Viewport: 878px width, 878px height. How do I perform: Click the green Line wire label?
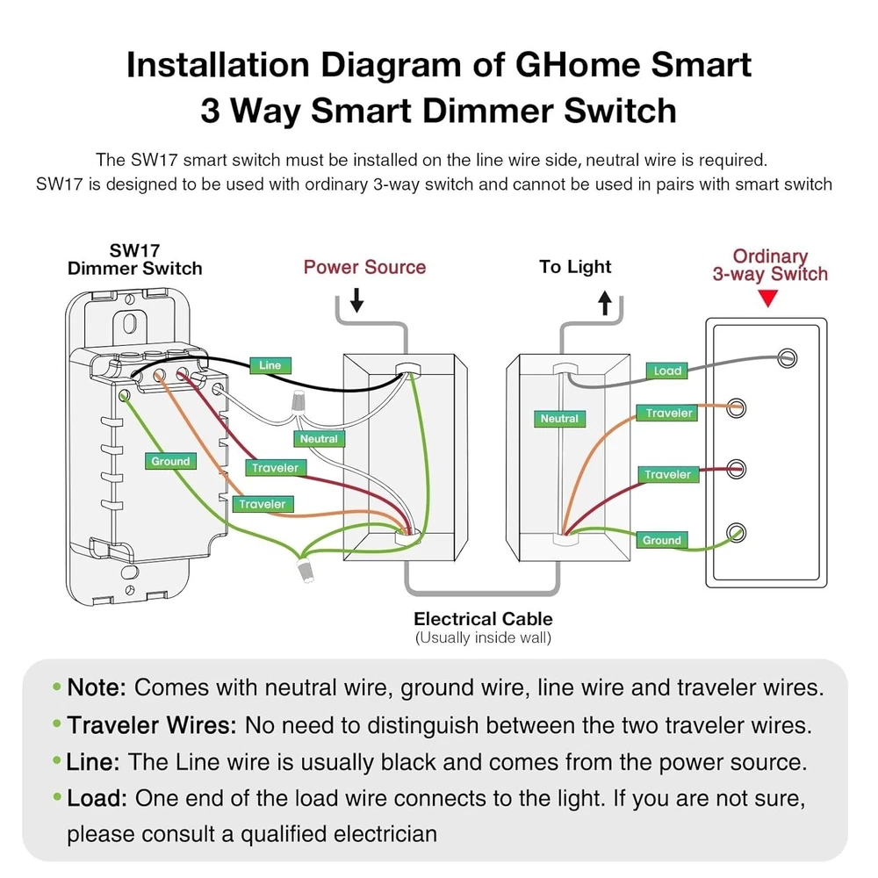pos(270,364)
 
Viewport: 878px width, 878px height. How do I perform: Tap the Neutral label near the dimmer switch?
pos(318,438)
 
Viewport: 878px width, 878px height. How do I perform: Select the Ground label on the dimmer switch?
pos(170,461)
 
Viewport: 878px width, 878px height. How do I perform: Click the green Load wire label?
pos(667,371)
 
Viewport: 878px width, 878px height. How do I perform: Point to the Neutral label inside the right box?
pos(559,419)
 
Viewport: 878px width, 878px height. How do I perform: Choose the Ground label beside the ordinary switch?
pos(662,540)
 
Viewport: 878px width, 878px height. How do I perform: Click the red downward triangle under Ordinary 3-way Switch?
pos(769,299)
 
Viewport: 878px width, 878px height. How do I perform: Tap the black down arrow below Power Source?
pos(356,303)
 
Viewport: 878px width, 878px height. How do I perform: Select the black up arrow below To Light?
pos(604,303)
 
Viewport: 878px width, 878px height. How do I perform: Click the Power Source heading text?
pos(364,267)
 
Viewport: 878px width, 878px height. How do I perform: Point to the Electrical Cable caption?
pos(483,619)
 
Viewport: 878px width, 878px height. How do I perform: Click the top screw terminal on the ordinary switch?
pos(788,356)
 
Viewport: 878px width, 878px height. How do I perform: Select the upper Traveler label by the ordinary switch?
pos(669,413)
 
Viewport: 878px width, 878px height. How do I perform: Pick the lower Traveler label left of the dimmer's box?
pos(263,504)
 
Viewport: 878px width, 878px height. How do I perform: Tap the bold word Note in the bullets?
pos(97,687)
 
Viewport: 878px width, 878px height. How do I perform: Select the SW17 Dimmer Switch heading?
pos(135,260)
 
